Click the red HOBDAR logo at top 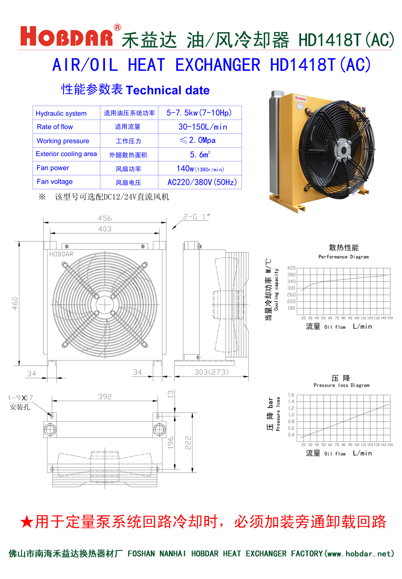coord(67,37)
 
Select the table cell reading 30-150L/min coord(203,127)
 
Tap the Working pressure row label coord(63,141)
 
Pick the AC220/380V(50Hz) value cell coord(202,182)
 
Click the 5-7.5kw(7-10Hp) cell coord(199,113)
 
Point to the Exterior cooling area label coord(66,154)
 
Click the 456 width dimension coord(105,218)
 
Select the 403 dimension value coord(105,229)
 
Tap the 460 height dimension coord(15,303)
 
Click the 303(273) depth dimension coord(211,372)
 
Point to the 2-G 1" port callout coord(197,217)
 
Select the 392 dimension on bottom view coord(105,396)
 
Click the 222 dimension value coord(188,443)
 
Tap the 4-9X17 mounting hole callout coord(21,398)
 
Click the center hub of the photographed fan coord(343,150)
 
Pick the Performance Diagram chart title coord(343,257)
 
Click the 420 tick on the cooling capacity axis coord(291,268)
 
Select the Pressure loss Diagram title coord(341,385)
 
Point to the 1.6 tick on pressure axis coord(291,395)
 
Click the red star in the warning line coord(27,522)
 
